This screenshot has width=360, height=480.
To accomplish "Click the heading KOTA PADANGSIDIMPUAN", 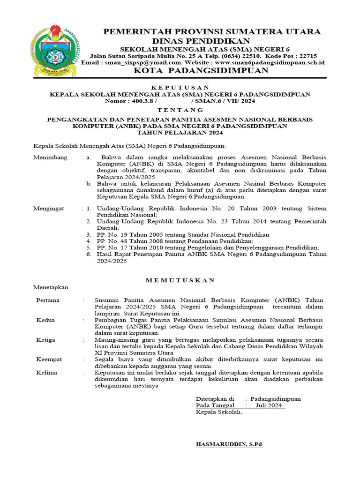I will [x=202, y=71].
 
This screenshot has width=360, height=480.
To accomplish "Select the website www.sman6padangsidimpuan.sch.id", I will [x=270, y=62].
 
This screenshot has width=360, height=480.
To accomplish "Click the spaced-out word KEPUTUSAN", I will [x=180, y=88].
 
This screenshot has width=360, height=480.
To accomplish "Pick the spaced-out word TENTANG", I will [x=180, y=110].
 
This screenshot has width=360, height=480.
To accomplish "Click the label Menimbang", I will [x=50, y=157].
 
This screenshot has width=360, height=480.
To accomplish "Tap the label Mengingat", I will [x=49, y=208].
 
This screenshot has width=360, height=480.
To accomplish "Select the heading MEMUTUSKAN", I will [x=180, y=280].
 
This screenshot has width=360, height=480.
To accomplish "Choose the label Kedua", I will [x=45, y=320].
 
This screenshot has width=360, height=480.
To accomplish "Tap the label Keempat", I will [x=49, y=360].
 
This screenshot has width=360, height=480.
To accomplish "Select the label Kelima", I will [x=46, y=373].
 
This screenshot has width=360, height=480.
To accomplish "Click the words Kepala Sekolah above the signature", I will [x=218, y=412].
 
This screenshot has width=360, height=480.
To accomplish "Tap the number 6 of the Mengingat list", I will [x=89, y=254].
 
